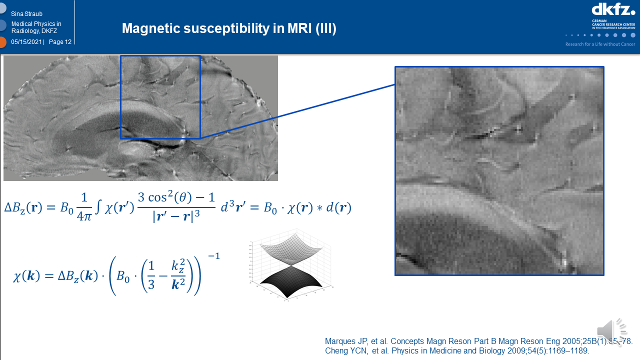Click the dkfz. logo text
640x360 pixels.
[613, 9]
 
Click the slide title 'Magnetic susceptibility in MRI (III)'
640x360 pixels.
[229, 28]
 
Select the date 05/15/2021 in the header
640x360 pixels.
[27, 42]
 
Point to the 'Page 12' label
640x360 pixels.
[60, 42]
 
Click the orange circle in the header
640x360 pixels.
[2, 42]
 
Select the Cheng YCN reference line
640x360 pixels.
[457, 351]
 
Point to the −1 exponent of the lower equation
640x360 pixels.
[213, 256]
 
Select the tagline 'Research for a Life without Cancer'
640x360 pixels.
[600, 44]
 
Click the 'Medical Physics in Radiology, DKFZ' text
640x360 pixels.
[36, 27]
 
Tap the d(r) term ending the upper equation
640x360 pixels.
[340, 208]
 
